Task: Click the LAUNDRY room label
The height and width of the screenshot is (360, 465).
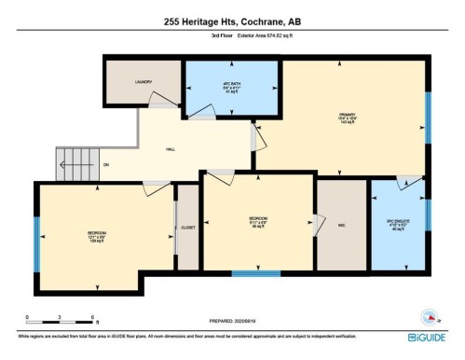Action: (x=143, y=82)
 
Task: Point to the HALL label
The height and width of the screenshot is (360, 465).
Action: (x=171, y=148)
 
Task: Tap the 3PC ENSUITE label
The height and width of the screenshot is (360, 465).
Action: (x=398, y=225)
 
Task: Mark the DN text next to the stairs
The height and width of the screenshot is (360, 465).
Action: (x=105, y=165)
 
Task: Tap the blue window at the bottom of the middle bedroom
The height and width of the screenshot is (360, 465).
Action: (x=255, y=273)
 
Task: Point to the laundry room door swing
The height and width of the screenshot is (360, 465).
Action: (x=162, y=97)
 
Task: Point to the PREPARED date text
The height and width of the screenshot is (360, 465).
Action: (x=233, y=322)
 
